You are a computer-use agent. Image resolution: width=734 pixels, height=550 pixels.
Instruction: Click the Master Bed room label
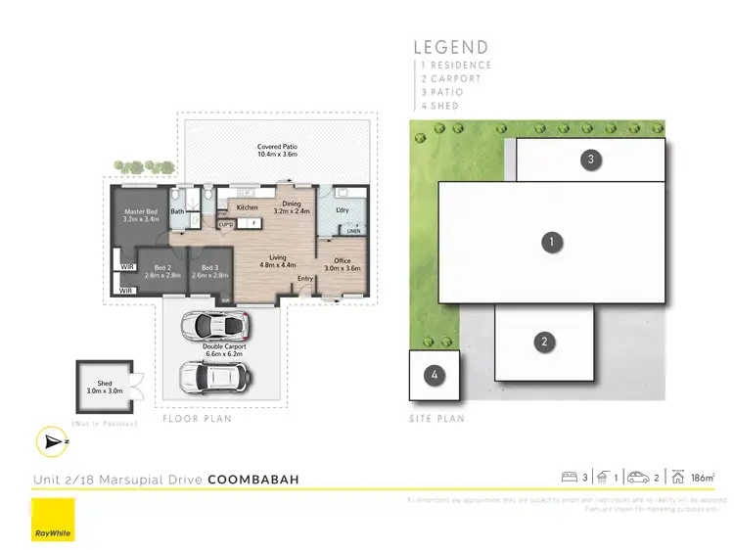tap(143, 215)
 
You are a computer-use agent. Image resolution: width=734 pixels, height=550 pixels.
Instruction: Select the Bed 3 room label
tap(208, 271)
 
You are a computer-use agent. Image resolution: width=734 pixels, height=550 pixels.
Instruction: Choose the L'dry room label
tap(343, 210)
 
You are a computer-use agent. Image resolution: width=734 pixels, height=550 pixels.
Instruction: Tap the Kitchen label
tap(247, 207)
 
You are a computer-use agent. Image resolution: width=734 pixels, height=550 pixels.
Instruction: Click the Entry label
tap(306, 279)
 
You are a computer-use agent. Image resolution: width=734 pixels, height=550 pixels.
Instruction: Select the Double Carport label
tap(225, 346)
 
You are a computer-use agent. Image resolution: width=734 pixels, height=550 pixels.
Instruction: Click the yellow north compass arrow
tap(51, 442)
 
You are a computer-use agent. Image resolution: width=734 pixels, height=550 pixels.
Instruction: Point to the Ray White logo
tap(53, 521)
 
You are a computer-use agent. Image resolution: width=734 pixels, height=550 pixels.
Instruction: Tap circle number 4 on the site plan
tap(433, 375)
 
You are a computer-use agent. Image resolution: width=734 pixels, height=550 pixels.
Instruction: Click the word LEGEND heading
tap(450, 47)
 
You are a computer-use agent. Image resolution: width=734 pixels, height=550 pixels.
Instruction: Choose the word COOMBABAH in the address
tap(253, 480)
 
